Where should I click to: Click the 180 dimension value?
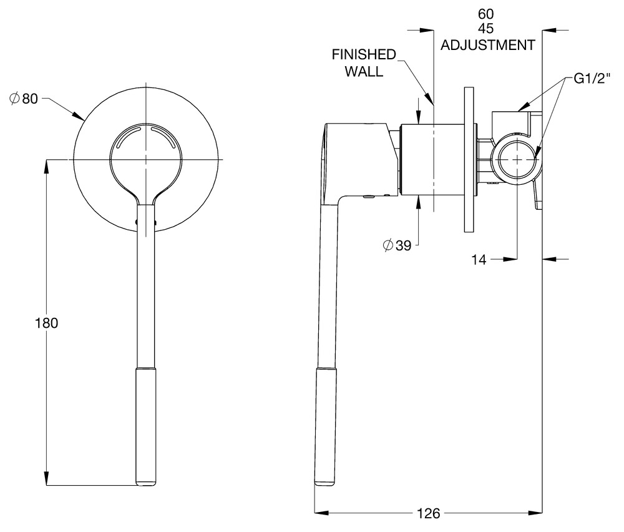click(x=47, y=323)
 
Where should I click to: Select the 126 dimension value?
click(x=429, y=513)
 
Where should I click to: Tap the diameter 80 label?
click(x=24, y=99)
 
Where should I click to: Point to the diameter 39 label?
click(x=397, y=245)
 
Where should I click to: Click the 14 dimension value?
click(x=479, y=259)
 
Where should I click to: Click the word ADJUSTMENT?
click(x=488, y=45)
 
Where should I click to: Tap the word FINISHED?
click(x=364, y=54)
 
